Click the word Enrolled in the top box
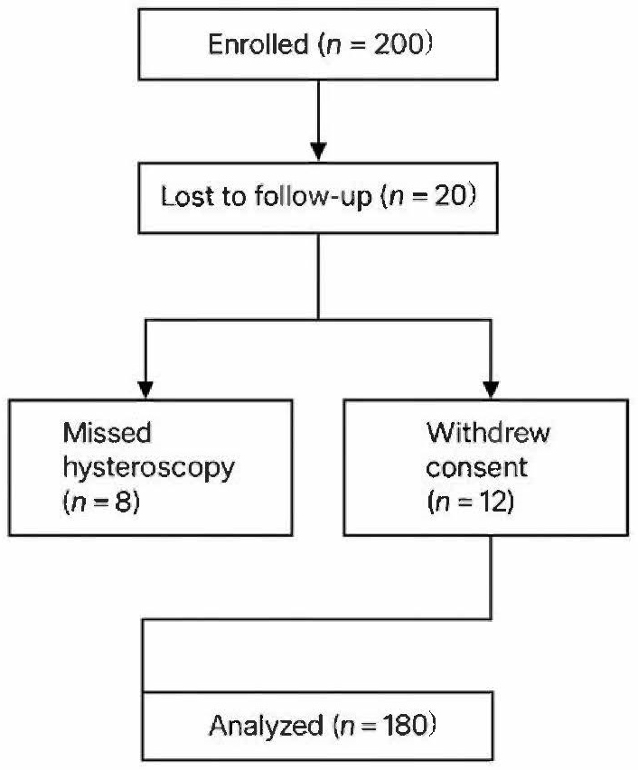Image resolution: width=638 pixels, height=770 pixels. coord(258,44)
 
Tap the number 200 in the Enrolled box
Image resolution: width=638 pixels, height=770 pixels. coord(399,44)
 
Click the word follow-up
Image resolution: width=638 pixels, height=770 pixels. coord(313,197)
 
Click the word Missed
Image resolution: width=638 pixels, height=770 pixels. coord(107,433)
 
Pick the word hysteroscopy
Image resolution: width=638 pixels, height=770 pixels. coord(148,468)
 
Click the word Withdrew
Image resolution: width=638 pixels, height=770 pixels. coord(488,433)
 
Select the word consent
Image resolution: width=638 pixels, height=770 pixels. coord(476,467)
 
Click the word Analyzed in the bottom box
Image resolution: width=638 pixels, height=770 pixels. coord(267,726)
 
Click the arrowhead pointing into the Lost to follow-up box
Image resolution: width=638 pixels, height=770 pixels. coord(319,151)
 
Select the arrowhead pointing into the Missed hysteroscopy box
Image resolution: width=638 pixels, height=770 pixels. coord(145,390)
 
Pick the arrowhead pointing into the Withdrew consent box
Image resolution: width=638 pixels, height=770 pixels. coord(491,390)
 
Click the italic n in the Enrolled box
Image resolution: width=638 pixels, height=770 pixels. coord(335,46)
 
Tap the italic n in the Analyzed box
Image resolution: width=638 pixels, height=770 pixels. coord(347,728)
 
